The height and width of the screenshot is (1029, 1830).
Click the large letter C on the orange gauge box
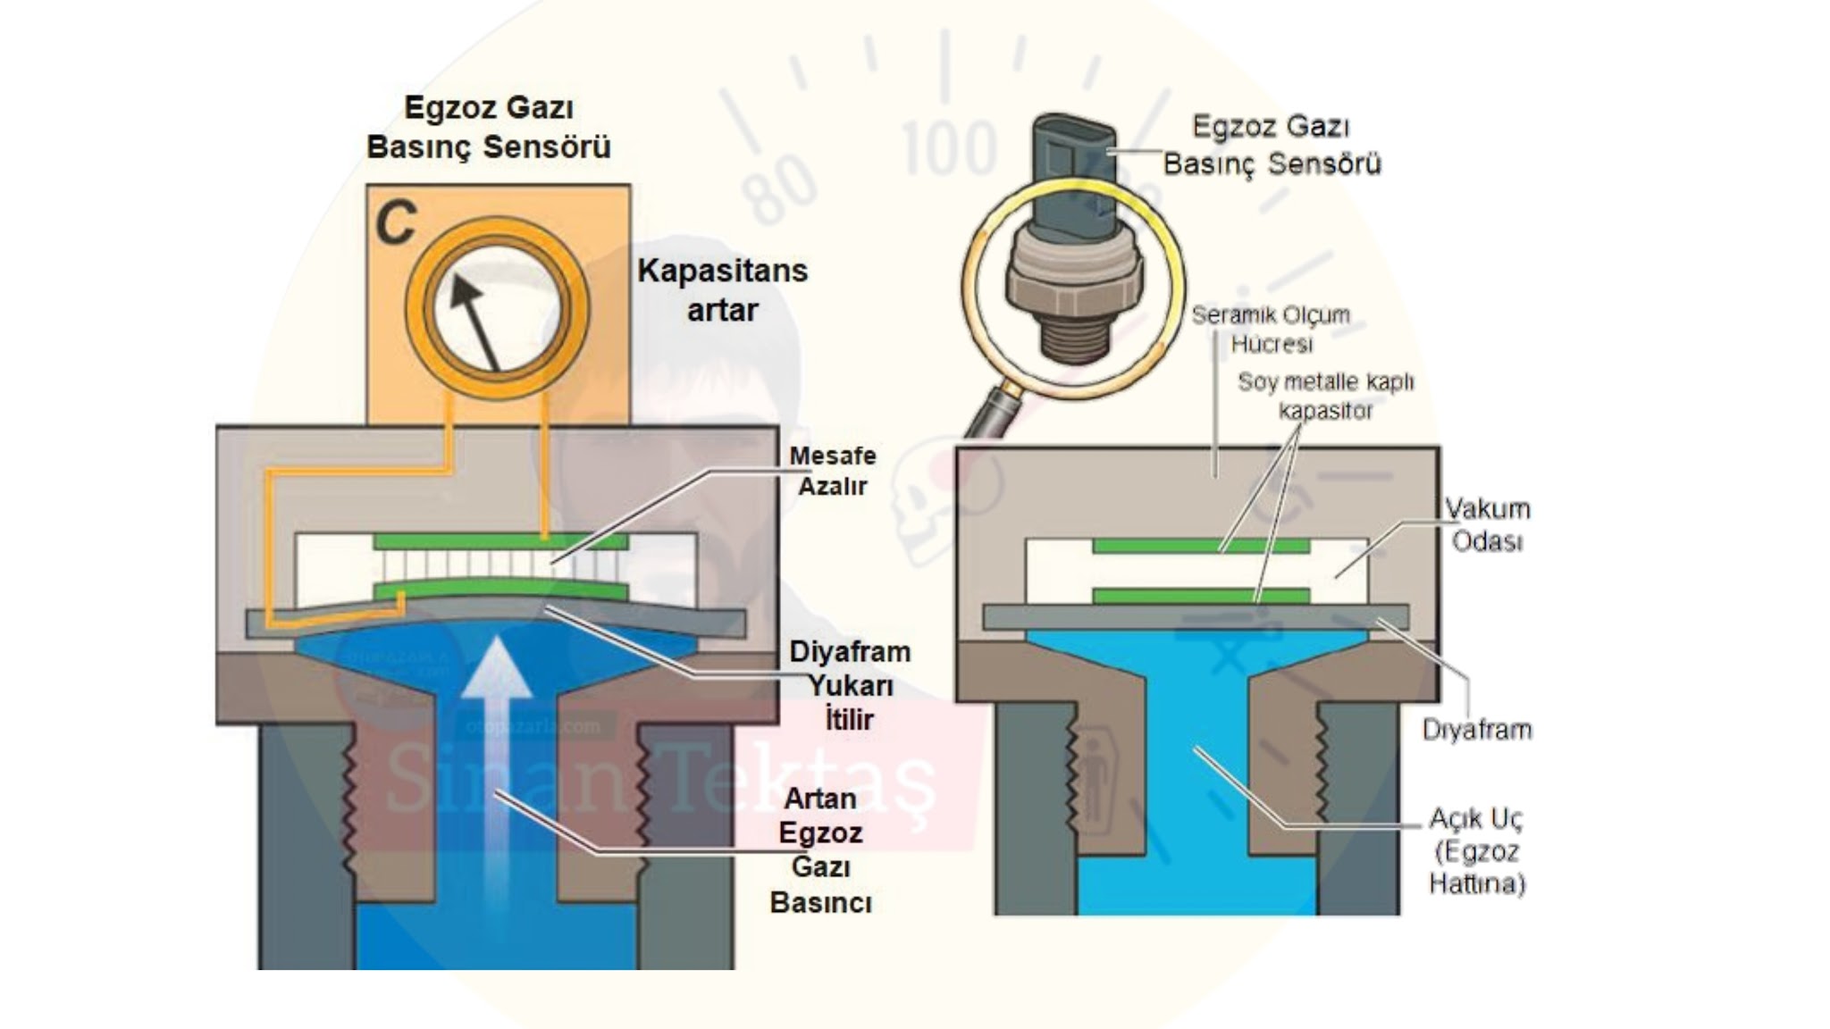click(396, 222)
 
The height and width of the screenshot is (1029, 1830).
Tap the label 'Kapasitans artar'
click(722, 290)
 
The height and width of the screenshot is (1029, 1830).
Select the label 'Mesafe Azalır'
click(832, 471)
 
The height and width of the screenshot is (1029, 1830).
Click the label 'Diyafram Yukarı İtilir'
click(849, 685)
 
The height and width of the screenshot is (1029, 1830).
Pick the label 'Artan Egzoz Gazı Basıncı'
click(820, 849)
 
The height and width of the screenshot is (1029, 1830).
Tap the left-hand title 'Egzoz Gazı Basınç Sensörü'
click(489, 127)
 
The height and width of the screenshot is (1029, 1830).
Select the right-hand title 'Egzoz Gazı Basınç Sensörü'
click(1272, 145)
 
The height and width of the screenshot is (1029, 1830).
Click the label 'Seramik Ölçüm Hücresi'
click(1271, 329)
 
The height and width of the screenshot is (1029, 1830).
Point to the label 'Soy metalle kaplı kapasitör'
click(1325, 396)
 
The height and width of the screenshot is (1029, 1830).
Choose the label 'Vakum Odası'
click(1488, 524)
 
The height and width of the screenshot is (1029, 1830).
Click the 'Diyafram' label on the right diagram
click(1477, 730)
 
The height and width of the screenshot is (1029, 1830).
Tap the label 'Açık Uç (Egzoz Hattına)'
click(1476, 850)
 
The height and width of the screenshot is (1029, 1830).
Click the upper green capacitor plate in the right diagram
click(1201, 545)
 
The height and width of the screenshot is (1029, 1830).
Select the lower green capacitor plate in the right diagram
click(1201, 595)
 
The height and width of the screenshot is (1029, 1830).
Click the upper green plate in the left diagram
click(500, 541)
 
